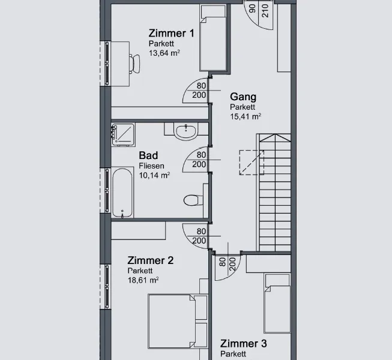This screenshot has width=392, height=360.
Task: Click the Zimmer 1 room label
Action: [x=171, y=33]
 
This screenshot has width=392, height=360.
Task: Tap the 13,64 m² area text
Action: [x=164, y=53]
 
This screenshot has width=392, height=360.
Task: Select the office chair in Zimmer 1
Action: [x=134, y=64]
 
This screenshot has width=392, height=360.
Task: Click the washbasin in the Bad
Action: [x=185, y=131]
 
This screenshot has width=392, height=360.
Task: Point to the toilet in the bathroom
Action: [x=193, y=200]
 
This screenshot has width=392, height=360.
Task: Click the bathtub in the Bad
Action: [x=122, y=193]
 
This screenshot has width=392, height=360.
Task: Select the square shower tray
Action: [x=123, y=134]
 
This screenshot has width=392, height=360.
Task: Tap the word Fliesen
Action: [x=151, y=166]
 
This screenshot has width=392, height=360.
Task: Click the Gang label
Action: [x=243, y=97]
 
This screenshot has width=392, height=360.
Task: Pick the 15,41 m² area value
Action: [x=246, y=116]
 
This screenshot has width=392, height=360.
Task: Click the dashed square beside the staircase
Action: [x=252, y=163]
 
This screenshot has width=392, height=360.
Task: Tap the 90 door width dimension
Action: [x=253, y=8]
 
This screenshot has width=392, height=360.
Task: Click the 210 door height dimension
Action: [x=265, y=11]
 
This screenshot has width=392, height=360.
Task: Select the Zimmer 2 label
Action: [x=151, y=260]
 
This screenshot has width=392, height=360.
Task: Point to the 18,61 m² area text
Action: [x=143, y=280]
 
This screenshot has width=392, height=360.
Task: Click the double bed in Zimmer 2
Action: [x=178, y=321]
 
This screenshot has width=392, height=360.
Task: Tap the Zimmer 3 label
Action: [x=244, y=344]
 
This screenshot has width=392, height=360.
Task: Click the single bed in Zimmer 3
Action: [x=277, y=303]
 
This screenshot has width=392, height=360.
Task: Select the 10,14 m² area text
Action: [x=154, y=175]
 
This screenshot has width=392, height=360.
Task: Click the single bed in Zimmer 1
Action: [x=213, y=38]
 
